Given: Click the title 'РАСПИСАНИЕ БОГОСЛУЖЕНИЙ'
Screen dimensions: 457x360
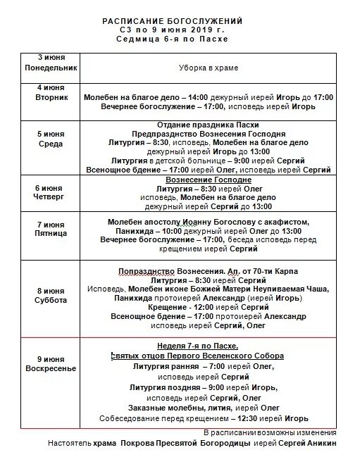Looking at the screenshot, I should click(x=177, y=21).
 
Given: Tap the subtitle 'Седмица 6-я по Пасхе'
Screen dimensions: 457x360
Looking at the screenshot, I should click(x=177, y=39).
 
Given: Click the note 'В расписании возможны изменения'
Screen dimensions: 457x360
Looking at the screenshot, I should click(x=270, y=432).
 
